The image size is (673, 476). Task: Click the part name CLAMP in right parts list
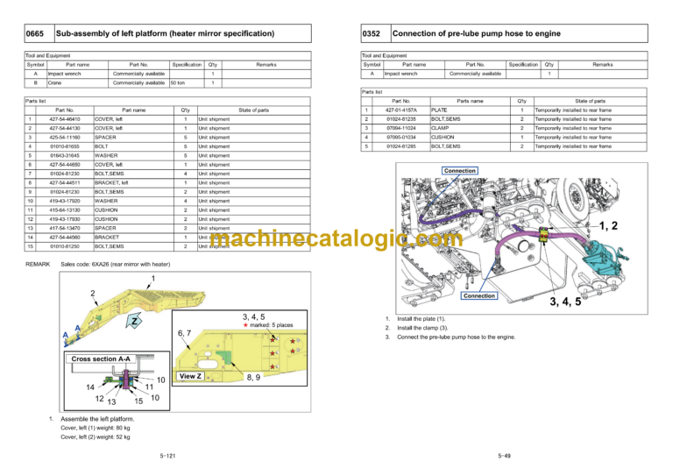click(x=440, y=128)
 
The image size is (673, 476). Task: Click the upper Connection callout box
click(x=460, y=170)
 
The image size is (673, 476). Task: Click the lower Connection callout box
click(x=479, y=295)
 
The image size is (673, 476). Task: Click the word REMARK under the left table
click(x=38, y=262)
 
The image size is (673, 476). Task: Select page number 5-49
click(x=506, y=456)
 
